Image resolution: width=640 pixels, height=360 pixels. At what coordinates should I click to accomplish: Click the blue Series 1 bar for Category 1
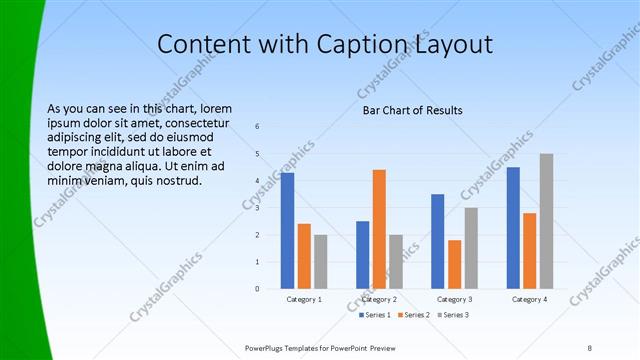287,231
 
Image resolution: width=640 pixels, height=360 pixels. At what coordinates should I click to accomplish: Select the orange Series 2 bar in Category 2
379,229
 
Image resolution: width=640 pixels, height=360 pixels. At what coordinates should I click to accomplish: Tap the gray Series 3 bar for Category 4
546,221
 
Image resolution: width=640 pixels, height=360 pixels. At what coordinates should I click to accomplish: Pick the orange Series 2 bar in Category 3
455,264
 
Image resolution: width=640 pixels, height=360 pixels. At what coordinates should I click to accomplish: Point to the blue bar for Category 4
513,228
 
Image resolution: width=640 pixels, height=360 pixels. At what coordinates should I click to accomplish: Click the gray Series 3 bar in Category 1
320,262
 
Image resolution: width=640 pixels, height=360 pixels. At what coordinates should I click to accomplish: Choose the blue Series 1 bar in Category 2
362,255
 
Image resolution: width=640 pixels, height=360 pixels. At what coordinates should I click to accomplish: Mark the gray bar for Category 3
471,248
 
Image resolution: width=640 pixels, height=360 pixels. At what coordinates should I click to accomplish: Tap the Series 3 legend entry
452,315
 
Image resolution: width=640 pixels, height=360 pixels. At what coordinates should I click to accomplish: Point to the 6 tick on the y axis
258,127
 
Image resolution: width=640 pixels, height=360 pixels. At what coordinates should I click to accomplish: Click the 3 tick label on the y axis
258,208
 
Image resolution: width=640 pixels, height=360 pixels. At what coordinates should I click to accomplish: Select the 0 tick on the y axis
258,289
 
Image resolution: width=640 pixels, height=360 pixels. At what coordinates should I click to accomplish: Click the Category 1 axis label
304,299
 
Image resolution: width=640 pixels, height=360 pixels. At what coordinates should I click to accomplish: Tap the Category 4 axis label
529,299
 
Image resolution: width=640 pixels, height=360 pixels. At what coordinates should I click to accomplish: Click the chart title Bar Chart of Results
412,110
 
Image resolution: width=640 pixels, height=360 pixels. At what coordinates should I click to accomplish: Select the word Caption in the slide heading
361,44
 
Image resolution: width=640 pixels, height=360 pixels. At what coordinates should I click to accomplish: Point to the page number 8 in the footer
589,347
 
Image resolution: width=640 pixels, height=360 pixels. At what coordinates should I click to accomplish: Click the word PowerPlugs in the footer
268,347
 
